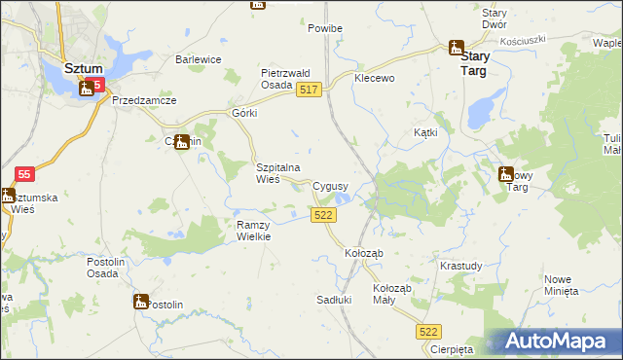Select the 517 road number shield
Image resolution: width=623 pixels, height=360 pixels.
pos(309,90)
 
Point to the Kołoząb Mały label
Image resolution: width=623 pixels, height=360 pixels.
pos(393,295)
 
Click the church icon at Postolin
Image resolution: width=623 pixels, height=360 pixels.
pos(141,302)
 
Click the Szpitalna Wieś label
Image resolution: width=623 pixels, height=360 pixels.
pos(281,173)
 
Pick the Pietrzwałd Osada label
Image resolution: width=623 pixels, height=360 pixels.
pos(284,79)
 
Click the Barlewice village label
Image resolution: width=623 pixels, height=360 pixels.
pos(199,59)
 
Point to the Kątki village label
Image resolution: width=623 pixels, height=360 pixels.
pos(425,131)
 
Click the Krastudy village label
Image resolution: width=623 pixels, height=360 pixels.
pos(460,266)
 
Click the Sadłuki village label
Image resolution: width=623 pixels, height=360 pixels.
pos(333,300)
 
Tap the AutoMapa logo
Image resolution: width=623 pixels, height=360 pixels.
pos(559,342)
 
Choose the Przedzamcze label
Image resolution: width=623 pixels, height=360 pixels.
pos(143,100)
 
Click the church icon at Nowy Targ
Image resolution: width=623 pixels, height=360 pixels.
pos(506,174)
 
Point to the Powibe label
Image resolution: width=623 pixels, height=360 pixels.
pos(325,28)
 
